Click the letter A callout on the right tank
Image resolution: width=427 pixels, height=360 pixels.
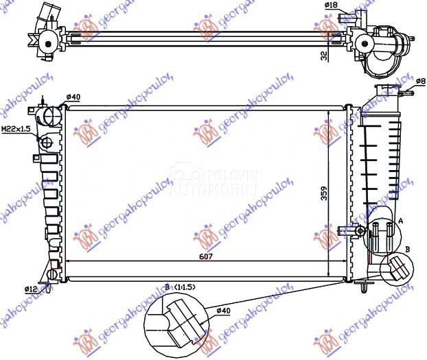400,221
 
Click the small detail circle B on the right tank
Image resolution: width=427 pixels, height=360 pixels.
396,269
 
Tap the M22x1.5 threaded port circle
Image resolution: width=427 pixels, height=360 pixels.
47,143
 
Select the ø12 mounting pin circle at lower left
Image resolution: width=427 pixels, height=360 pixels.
53,274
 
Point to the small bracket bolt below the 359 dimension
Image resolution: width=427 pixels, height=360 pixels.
360,230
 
